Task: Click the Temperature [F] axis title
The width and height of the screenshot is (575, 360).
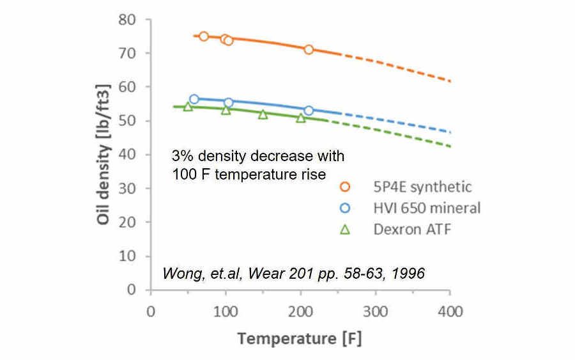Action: point(300,339)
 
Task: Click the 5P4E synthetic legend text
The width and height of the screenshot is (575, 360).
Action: point(423,187)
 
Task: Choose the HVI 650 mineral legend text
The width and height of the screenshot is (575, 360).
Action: point(427,208)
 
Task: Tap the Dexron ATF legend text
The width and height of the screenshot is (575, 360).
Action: point(412,229)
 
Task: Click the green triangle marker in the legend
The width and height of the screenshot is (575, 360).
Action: point(346,229)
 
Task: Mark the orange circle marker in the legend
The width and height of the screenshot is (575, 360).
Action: point(346,187)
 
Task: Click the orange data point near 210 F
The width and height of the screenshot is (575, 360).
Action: point(309,49)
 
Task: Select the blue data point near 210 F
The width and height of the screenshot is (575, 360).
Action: point(309,111)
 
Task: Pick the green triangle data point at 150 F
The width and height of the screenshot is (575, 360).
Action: point(263,114)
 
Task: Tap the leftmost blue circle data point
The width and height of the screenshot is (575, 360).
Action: point(194,99)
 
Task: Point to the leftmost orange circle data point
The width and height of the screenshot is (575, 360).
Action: point(204,36)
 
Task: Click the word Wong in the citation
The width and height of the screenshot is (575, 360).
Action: point(179,273)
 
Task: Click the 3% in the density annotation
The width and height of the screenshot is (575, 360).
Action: point(182,156)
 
